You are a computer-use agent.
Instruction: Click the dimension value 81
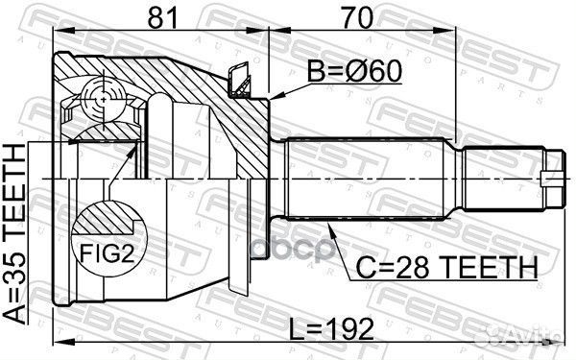[x=160, y=17]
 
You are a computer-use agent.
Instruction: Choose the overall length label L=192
[x=331, y=329]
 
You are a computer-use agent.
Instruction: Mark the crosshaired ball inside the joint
[x=103, y=97]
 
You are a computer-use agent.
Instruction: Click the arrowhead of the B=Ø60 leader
[x=275, y=97]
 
